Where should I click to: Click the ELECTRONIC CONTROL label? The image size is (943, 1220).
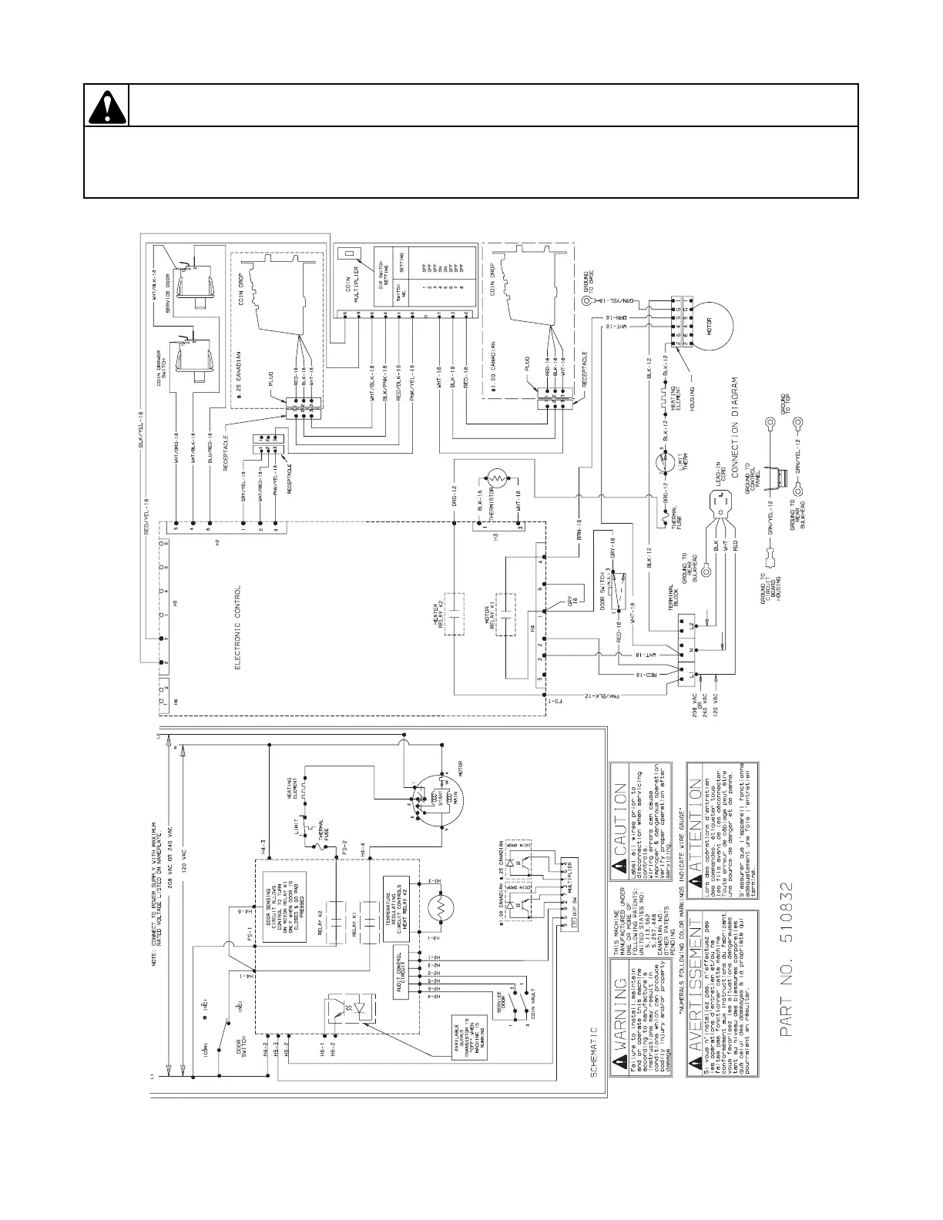(x=238, y=628)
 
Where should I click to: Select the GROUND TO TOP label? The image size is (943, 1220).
(x=785, y=404)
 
